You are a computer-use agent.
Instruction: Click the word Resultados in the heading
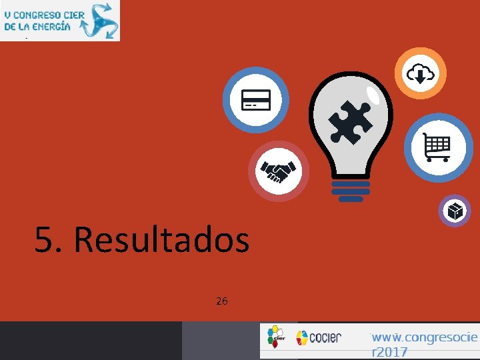pos(161,240)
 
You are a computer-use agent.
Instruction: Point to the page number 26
pos(222,301)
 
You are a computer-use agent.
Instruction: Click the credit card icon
pos(255,100)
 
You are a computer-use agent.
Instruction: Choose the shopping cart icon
pos(437,147)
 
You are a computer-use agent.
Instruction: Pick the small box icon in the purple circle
pos(455,211)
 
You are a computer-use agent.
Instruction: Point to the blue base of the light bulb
pos(351,191)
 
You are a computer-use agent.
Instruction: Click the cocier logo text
pos(326,337)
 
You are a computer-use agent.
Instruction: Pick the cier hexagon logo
pos(275,337)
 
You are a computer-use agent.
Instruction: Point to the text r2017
pos(389,351)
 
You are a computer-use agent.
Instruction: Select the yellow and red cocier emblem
pos(302,337)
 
